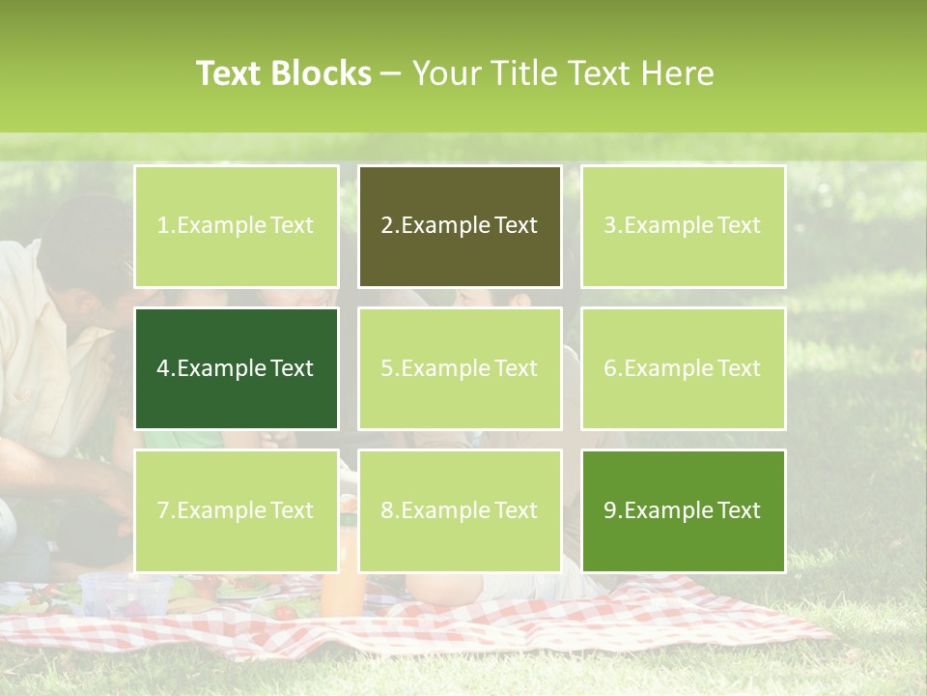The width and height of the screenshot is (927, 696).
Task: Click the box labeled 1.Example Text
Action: [237, 226]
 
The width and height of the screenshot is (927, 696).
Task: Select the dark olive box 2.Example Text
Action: [460, 226]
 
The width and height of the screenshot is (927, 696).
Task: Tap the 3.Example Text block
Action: [683, 226]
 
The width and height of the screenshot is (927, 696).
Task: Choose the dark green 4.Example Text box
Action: [237, 368]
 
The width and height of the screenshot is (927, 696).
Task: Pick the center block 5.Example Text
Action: [460, 368]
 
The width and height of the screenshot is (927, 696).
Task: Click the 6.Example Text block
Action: [683, 368]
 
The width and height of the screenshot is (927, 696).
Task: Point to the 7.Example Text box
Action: [237, 510]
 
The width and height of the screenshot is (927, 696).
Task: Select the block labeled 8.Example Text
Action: [460, 510]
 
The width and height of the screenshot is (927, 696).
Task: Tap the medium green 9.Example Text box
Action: [683, 510]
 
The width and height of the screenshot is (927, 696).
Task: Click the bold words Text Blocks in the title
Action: [284, 73]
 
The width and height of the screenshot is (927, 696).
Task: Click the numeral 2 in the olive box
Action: [386, 226]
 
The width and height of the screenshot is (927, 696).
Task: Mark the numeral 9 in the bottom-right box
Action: [609, 510]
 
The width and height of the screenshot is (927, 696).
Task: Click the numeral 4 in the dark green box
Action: [163, 368]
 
